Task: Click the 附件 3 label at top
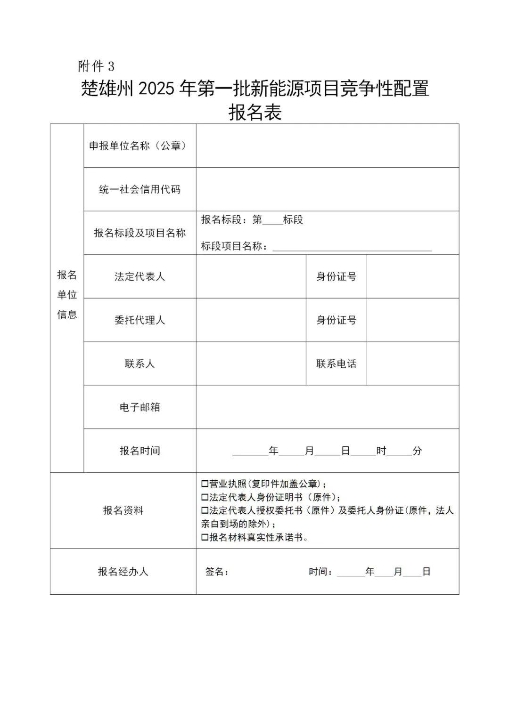point(96,66)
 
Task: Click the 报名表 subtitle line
point(254,113)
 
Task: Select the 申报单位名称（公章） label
point(140,146)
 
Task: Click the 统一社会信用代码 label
point(140,189)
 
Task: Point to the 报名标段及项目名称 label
point(140,233)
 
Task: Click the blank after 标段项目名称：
point(352,246)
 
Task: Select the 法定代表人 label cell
point(140,276)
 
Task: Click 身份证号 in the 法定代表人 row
point(336,276)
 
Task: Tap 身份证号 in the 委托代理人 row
point(336,320)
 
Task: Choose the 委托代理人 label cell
point(140,320)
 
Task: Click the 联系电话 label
point(336,364)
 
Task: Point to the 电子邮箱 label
point(140,407)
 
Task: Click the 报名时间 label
point(140,451)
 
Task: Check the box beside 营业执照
point(205,484)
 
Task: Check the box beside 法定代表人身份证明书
point(205,497)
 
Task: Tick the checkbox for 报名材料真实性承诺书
point(205,537)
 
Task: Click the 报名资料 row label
point(123,510)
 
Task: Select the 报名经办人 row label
point(123,572)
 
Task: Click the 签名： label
point(217,572)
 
